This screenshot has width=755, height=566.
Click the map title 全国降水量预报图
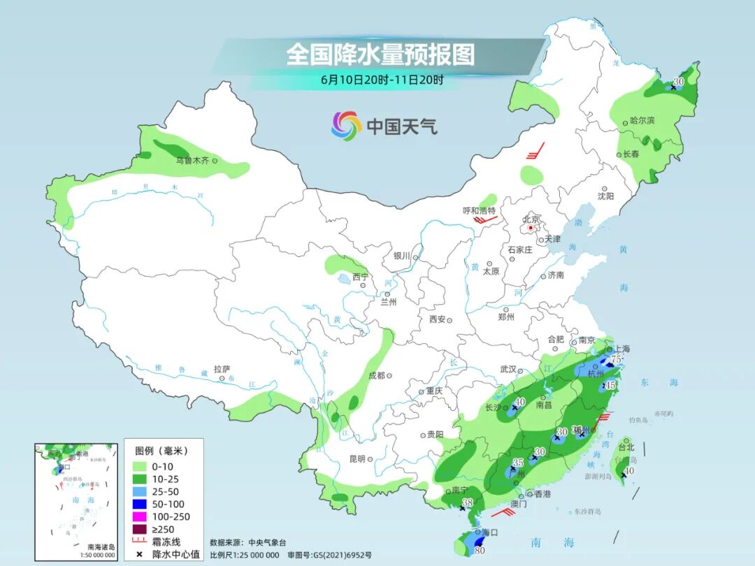[x=380, y=54]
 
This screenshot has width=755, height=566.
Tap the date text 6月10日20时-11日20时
[x=382, y=80]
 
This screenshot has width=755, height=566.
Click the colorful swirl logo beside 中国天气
[x=346, y=126]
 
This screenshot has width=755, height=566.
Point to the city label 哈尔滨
[x=642, y=120]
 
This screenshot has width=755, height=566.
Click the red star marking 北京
[x=531, y=228]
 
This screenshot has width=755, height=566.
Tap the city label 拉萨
[x=222, y=369]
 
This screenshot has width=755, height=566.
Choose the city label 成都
[x=375, y=375]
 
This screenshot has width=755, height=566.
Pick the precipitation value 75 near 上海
[x=617, y=359]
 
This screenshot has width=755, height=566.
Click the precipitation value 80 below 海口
[x=480, y=550]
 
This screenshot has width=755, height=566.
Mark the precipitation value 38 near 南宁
[x=468, y=502]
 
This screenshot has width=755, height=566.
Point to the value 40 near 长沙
[x=520, y=401]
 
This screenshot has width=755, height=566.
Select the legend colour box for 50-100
[x=138, y=504]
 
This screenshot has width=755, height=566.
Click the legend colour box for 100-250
[x=138, y=516]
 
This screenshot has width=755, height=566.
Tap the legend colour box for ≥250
[x=138, y=529]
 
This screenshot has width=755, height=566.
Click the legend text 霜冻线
[x=168, y=542]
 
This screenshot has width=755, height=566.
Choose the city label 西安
[x=438, y=319]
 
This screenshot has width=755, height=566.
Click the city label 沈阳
[x=605, y=196]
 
